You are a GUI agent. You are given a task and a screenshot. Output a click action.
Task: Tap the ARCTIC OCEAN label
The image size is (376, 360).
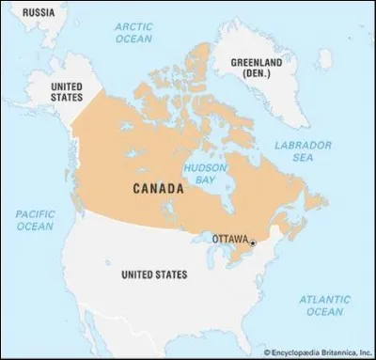[x=133, y=35]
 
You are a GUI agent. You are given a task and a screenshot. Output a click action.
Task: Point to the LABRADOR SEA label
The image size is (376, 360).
[x=302, y=151]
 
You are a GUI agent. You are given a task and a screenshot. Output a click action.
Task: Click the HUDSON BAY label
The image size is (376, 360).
[x=200, y=172]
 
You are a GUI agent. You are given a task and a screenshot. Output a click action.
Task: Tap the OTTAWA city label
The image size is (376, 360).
[x=228, y=239]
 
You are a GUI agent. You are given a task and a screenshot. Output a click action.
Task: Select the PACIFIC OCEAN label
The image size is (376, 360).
[x=35, y=220]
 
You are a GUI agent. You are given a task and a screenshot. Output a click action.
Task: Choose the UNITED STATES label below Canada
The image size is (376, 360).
[x=154, y=274]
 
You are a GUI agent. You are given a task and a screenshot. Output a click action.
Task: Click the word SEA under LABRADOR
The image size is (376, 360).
[x=302, y=158]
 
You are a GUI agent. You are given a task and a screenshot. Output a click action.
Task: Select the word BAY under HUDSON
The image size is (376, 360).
[x=200, y=179]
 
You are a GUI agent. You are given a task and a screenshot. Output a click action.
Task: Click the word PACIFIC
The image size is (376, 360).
[x=35, y=213]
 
